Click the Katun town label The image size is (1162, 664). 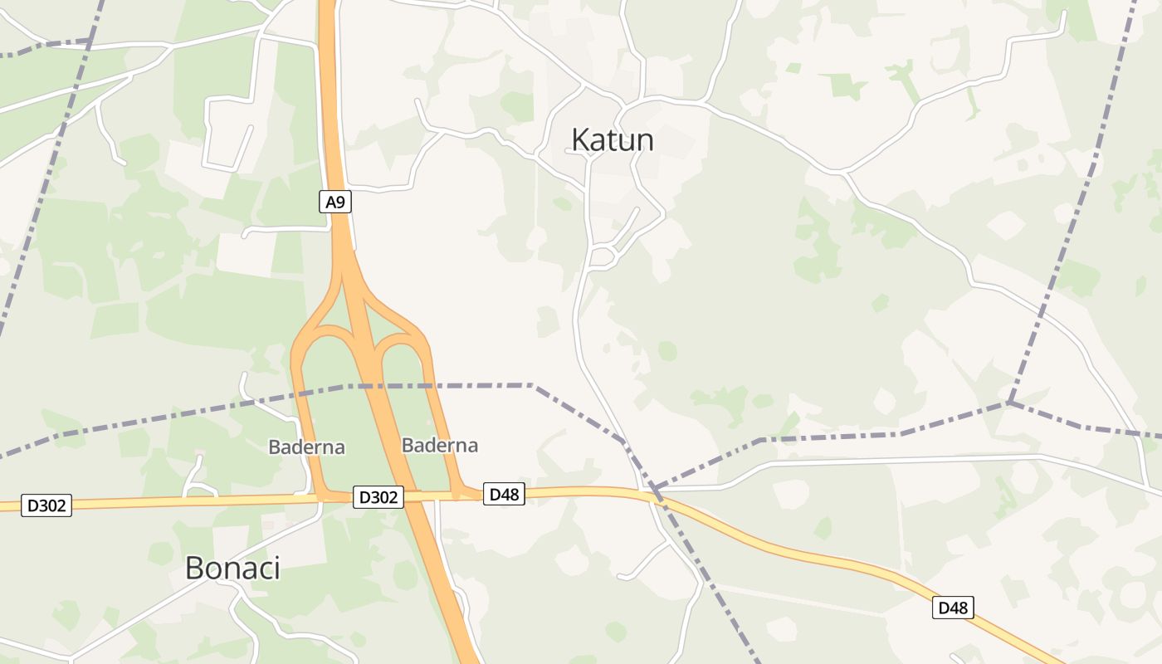613,140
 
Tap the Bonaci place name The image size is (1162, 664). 232,568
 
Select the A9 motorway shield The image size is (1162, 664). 335,201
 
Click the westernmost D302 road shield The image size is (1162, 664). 46,505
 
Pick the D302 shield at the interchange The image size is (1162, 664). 378,497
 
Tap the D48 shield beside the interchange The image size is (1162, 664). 504,494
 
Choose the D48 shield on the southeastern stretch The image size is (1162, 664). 953,608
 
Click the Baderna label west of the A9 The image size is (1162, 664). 306,447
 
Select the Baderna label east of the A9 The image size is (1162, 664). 440,445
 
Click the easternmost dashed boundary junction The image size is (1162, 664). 1010,403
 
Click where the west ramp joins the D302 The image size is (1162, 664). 320,497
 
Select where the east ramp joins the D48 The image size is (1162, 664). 458,496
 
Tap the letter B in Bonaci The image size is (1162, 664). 193,568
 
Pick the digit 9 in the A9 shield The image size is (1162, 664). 340,201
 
